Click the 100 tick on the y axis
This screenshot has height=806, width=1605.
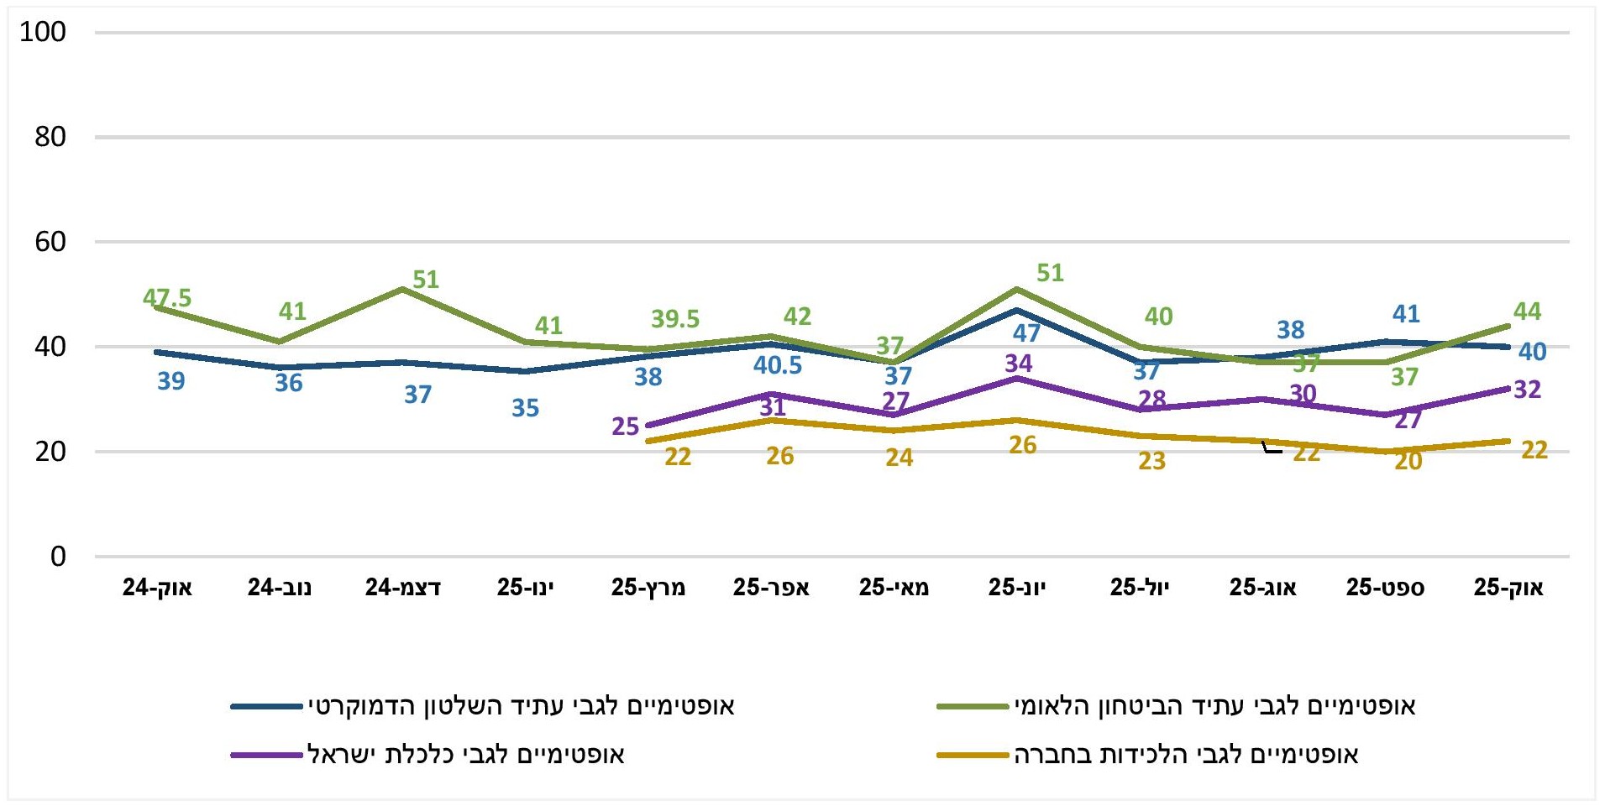click(43, 32)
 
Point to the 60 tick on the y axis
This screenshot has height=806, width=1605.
click(50, 242)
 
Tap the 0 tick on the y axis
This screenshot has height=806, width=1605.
click(57, 556)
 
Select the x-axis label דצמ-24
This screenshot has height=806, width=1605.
click(402, 588)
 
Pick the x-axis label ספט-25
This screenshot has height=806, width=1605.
click(1385, 588)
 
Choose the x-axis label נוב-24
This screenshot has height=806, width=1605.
click(280, 588)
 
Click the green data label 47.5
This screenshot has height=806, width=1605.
click(167, 298)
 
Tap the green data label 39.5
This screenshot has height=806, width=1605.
click(675, 319)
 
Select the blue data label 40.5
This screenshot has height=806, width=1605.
click(778, 365)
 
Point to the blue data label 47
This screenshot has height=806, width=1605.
click(1026, 333)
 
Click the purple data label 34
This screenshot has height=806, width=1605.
click(1019, 364)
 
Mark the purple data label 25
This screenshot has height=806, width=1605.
click(626, 427)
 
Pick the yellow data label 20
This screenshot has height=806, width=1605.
click(1408, 461)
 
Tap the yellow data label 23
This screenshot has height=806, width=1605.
click(1152, 461)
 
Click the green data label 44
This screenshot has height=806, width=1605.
click(1528, 311)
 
